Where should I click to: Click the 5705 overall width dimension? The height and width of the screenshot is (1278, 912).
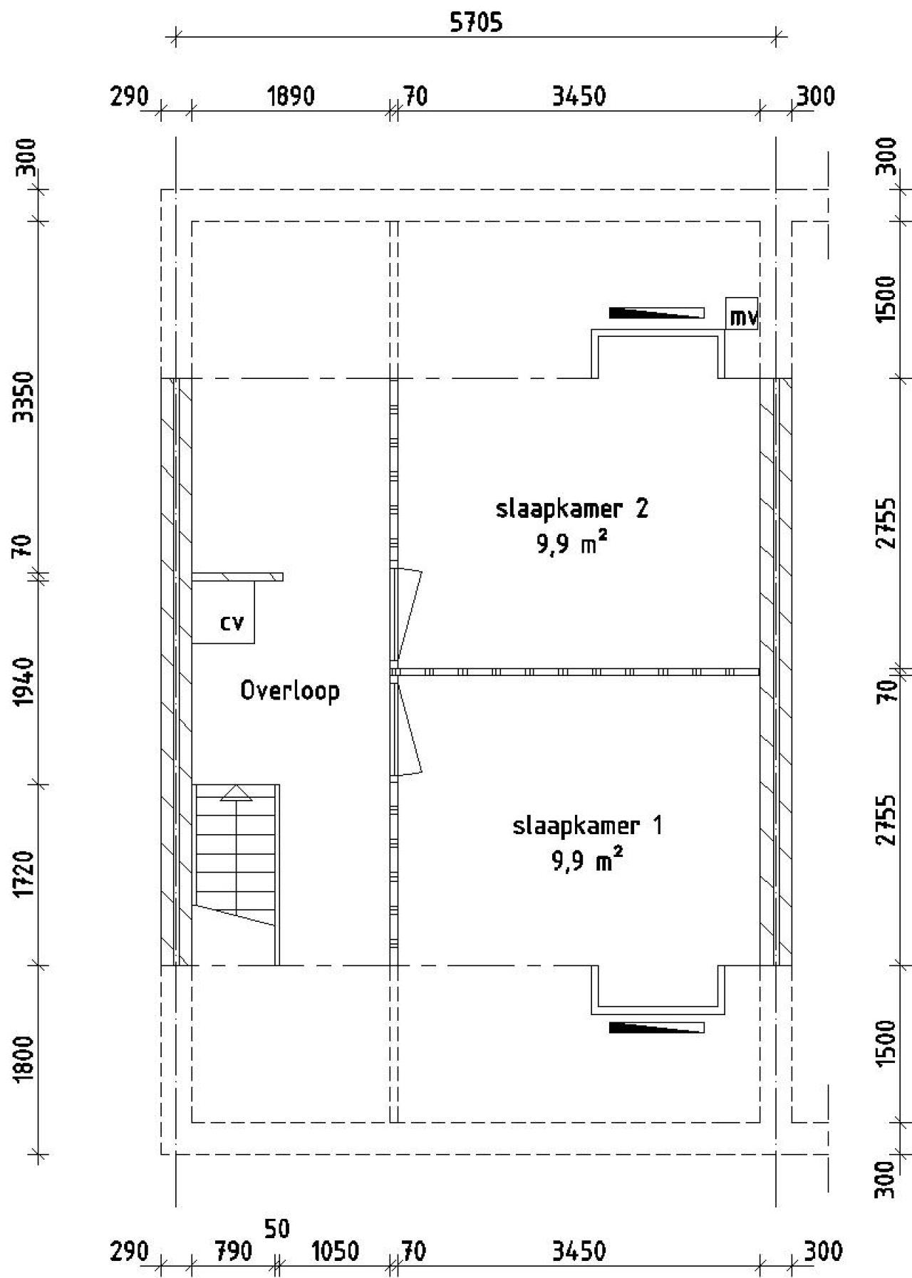475,22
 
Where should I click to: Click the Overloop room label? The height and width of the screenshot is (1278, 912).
289,690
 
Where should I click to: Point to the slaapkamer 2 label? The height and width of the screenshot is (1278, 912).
571,509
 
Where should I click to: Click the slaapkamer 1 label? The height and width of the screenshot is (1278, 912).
587,826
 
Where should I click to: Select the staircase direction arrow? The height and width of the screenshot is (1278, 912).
236,793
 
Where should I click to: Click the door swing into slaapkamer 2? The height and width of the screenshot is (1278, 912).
408,611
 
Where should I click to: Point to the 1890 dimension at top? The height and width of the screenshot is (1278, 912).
290,95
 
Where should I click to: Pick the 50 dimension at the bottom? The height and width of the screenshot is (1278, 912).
276,1229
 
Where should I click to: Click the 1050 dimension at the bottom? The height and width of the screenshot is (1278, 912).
335,1251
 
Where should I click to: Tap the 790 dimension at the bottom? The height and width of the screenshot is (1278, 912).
233,1251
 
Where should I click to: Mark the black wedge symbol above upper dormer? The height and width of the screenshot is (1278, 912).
656,313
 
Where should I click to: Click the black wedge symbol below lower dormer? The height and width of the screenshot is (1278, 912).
656,1027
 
